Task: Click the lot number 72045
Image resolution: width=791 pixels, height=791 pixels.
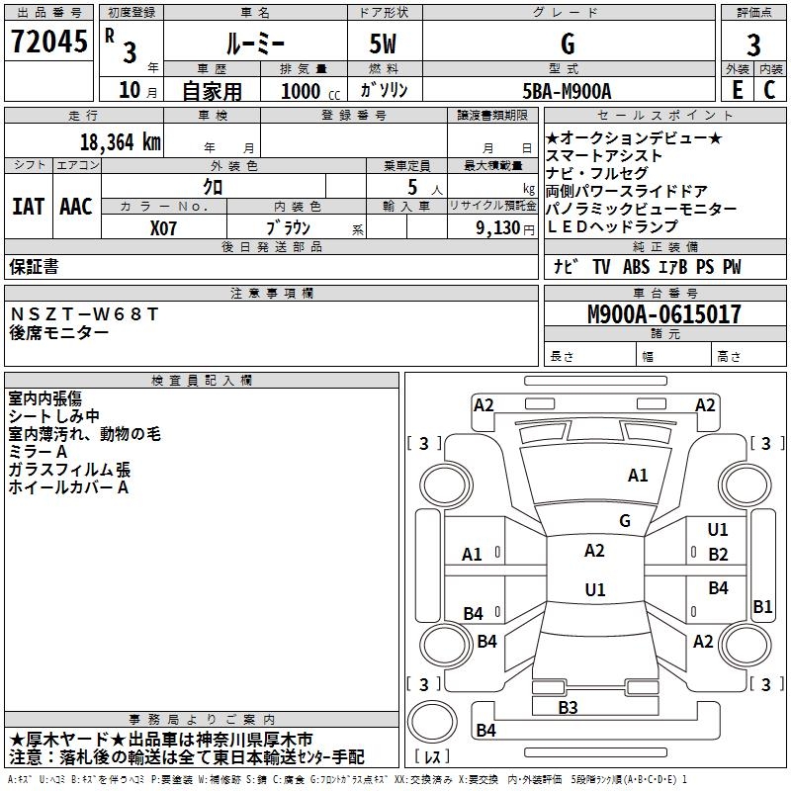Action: pyautogui.click(x=46, y=43)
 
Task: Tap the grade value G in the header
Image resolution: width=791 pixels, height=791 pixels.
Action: pyautogui.click(x=567, y=44)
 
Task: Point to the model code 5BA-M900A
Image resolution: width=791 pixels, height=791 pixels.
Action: pyautogui.click(x=567, y=91)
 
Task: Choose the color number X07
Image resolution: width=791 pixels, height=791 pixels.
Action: pyautogui.click(x=164, y=227)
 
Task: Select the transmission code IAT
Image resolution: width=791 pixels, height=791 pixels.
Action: pyautogui.click(x=28, y=207)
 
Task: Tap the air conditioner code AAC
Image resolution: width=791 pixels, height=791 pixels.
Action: pyautogui.click(x=75, y=207)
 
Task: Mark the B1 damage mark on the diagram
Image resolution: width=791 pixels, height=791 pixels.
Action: pyautogui.click(x=762, y=607)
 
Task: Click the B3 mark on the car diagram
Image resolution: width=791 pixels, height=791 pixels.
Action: pyautogui.click(x=568, y=707)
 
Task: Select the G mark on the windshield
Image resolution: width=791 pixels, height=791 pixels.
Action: pyautogui.click(x=625, y=521)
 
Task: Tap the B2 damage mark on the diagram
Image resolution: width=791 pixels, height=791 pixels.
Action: pyautogui.click(x=718, y=555)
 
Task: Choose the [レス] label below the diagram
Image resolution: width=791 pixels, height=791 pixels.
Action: pyautogui.click(x=432, y=757)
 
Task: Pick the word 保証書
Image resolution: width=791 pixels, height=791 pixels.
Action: pyautogui.click(x=34, y=267)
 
